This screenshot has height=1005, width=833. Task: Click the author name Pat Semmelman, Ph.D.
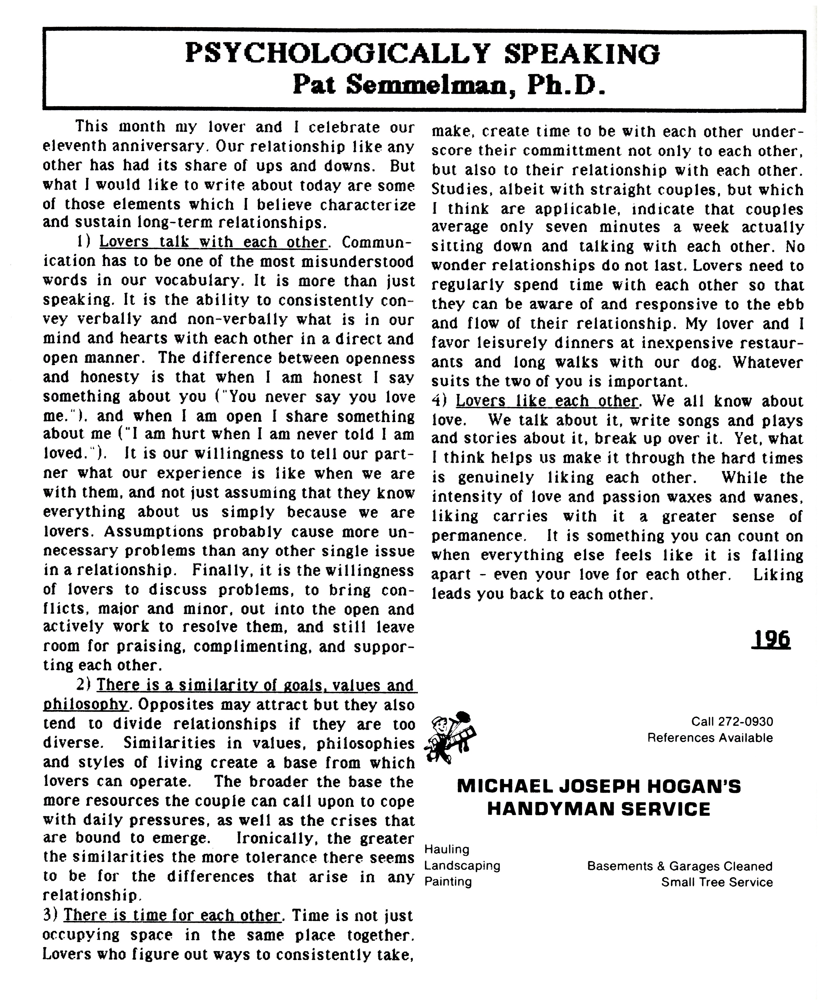click(449, 85)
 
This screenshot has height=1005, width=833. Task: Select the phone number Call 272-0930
click(731, 722)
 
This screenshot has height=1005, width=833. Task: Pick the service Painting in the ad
click(448, 881)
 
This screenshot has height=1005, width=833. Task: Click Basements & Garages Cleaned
click(679, 866)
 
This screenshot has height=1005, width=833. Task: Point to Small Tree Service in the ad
click(717, 882)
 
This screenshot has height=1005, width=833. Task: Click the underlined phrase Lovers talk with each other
click(214, 242)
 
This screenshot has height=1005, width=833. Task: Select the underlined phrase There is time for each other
click(172, 916)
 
